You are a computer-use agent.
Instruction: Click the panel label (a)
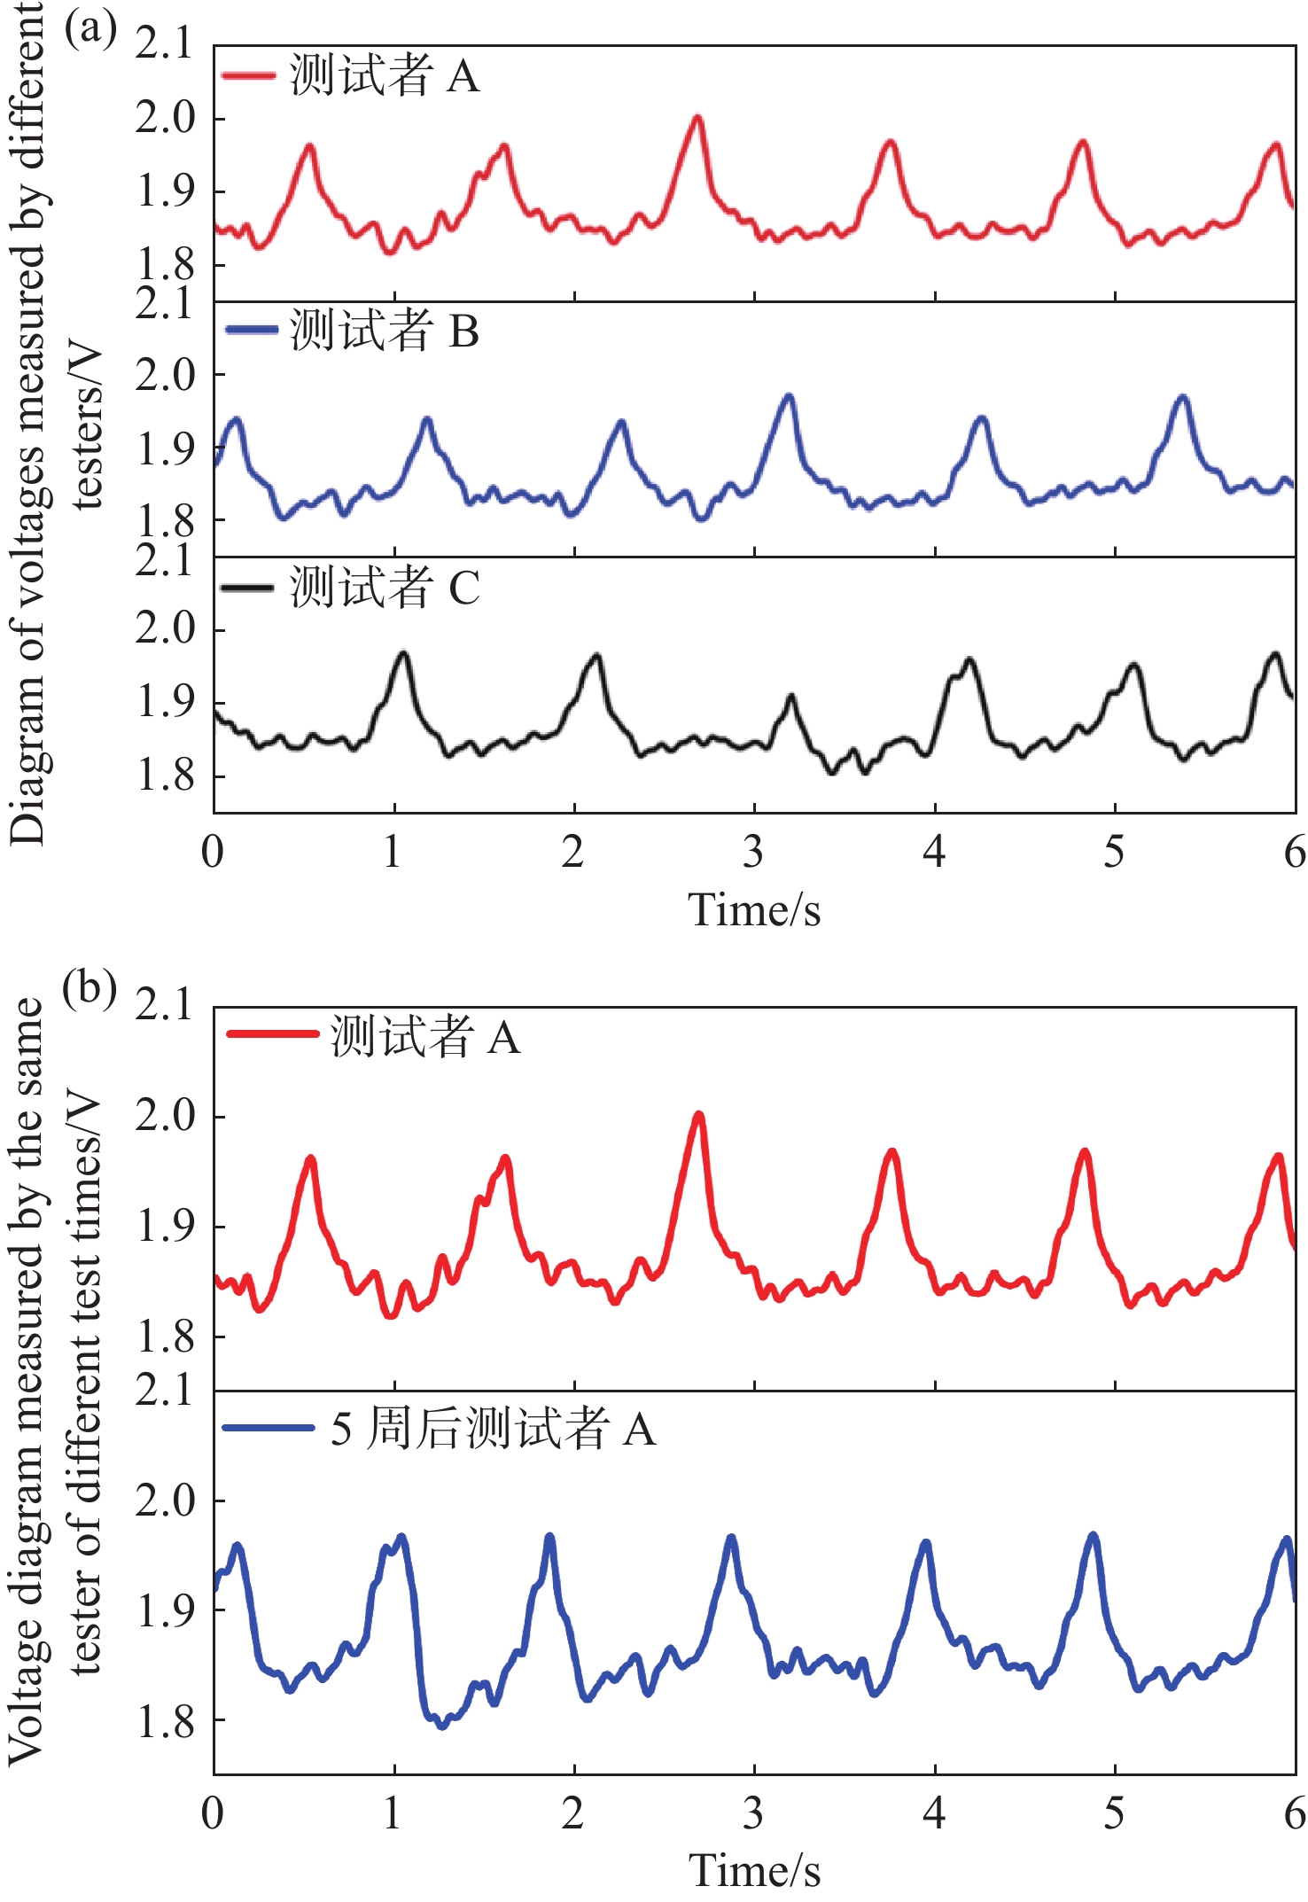(90, 28)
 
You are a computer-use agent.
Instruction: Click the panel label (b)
(90, 987)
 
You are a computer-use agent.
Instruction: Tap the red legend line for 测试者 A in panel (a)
(249, 75)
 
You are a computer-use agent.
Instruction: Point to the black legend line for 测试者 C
(247, 588)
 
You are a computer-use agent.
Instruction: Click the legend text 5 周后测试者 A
(493, 1429)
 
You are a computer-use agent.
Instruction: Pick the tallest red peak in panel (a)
(698, 117)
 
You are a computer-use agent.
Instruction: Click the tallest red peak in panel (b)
(699, 1114)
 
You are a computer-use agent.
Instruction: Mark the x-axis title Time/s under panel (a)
(754, 909)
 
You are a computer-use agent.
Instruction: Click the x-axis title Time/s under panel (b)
(754, 1870)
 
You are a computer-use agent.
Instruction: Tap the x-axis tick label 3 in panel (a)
(753, 852)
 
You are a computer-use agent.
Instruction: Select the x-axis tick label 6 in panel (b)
(1295, 1812)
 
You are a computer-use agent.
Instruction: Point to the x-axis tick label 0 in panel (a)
(213, 852)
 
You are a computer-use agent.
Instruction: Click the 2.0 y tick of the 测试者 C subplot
(165, 628)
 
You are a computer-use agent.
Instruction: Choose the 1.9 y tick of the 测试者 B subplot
(165, 449)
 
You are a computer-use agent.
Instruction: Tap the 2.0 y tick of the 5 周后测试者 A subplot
(165, 1501)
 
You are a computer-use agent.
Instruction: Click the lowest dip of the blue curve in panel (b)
(441, 1726)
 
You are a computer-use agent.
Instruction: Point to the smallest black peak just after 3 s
(791, 698)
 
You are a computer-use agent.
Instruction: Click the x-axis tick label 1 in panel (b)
(393, 1812)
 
